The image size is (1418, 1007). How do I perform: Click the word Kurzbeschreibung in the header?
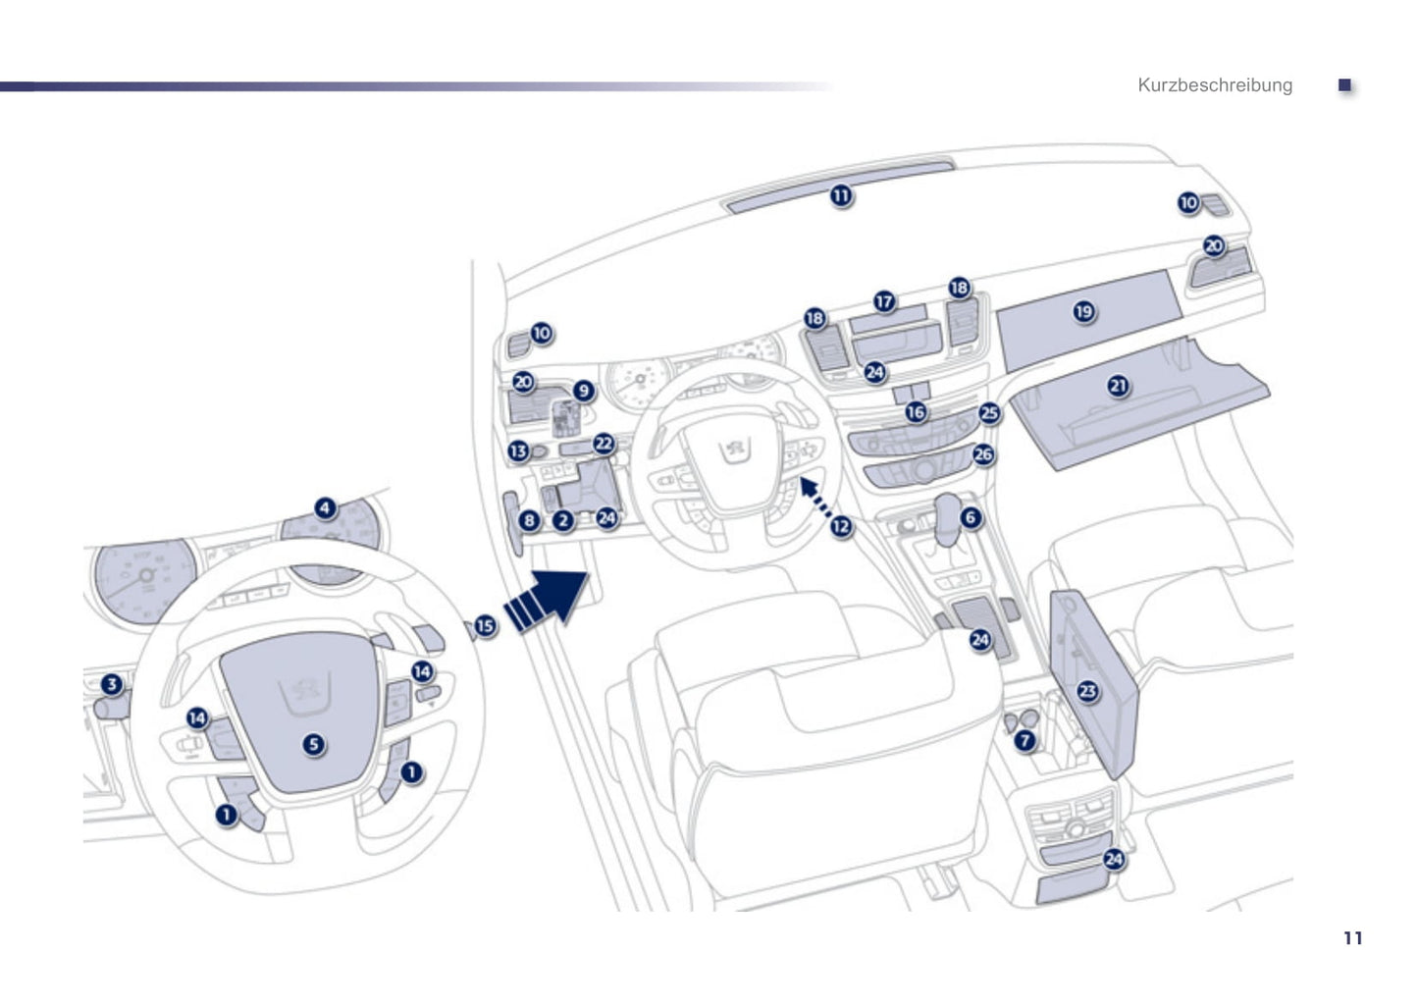(x=1215, y=85)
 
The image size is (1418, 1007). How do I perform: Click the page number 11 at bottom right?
(x=1352, y=938)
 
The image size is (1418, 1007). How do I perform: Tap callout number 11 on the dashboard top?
(x=841, y=196)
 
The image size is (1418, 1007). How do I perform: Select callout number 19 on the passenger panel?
(x=1083, y=312)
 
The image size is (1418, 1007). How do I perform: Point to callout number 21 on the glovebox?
(x=1118, y=386)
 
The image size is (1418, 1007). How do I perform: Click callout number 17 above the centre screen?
(x=884, y=301)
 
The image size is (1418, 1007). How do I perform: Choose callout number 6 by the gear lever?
(x=971, y=517)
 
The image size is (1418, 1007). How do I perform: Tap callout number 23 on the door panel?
(x=1087, y=691)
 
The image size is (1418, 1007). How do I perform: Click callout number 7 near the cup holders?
(x=1025, y=741)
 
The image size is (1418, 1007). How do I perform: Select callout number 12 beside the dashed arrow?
(x=841, y=527)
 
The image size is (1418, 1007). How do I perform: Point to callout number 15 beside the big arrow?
(x=485, y=625)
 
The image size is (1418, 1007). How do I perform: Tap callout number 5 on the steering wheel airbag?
(x=313, y=744)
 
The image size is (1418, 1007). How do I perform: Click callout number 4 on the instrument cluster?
(x=325, y=508)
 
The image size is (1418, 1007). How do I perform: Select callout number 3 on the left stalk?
(x=112, y=685)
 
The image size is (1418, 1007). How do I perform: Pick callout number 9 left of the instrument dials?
(x=584, y=392)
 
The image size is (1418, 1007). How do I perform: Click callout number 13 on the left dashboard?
(x=518, y=451)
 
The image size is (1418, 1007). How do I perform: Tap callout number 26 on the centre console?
(x=983, y=454)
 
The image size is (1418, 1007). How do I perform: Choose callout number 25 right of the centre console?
(x=989, y=413)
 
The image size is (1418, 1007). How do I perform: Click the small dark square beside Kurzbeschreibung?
(x=1345, y=85)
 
